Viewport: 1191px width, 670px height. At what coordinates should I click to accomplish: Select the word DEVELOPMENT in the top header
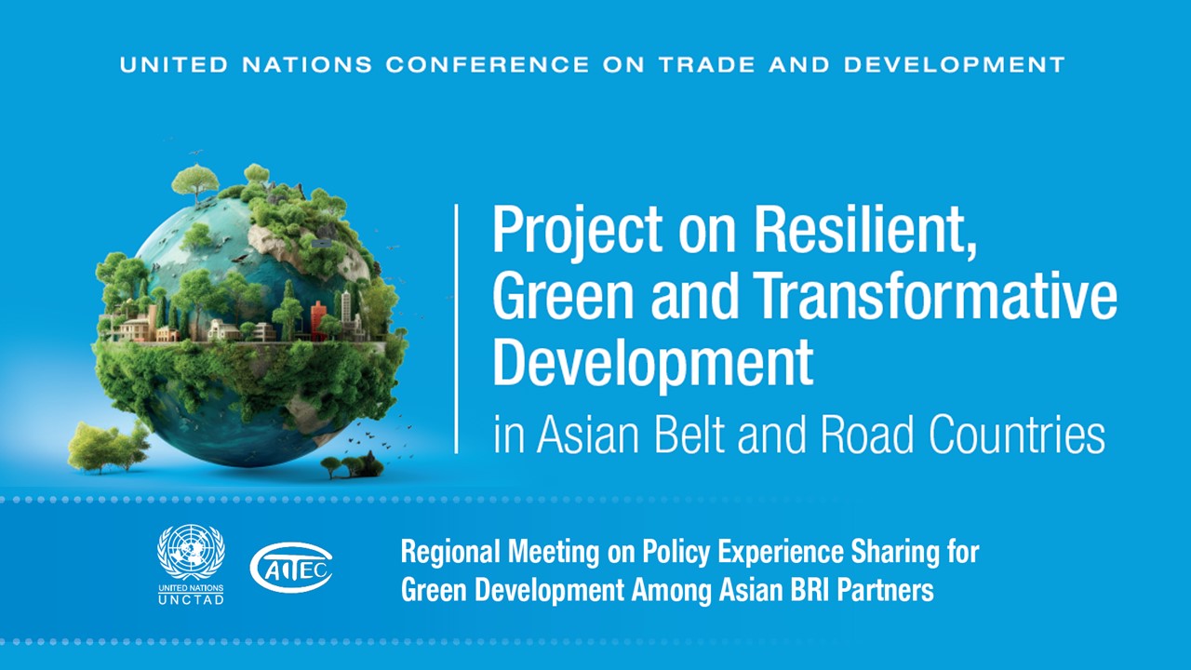click(955, 65)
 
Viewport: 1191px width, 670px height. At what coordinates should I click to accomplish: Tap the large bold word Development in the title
click(652, 364)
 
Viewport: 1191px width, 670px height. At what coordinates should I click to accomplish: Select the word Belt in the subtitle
click(712, 435)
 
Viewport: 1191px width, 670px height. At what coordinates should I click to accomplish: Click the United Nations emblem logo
click(191, 553)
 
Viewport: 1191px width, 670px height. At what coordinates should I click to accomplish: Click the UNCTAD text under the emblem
click(191, 600)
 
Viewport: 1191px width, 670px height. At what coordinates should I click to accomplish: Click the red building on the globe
click(318, 316)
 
